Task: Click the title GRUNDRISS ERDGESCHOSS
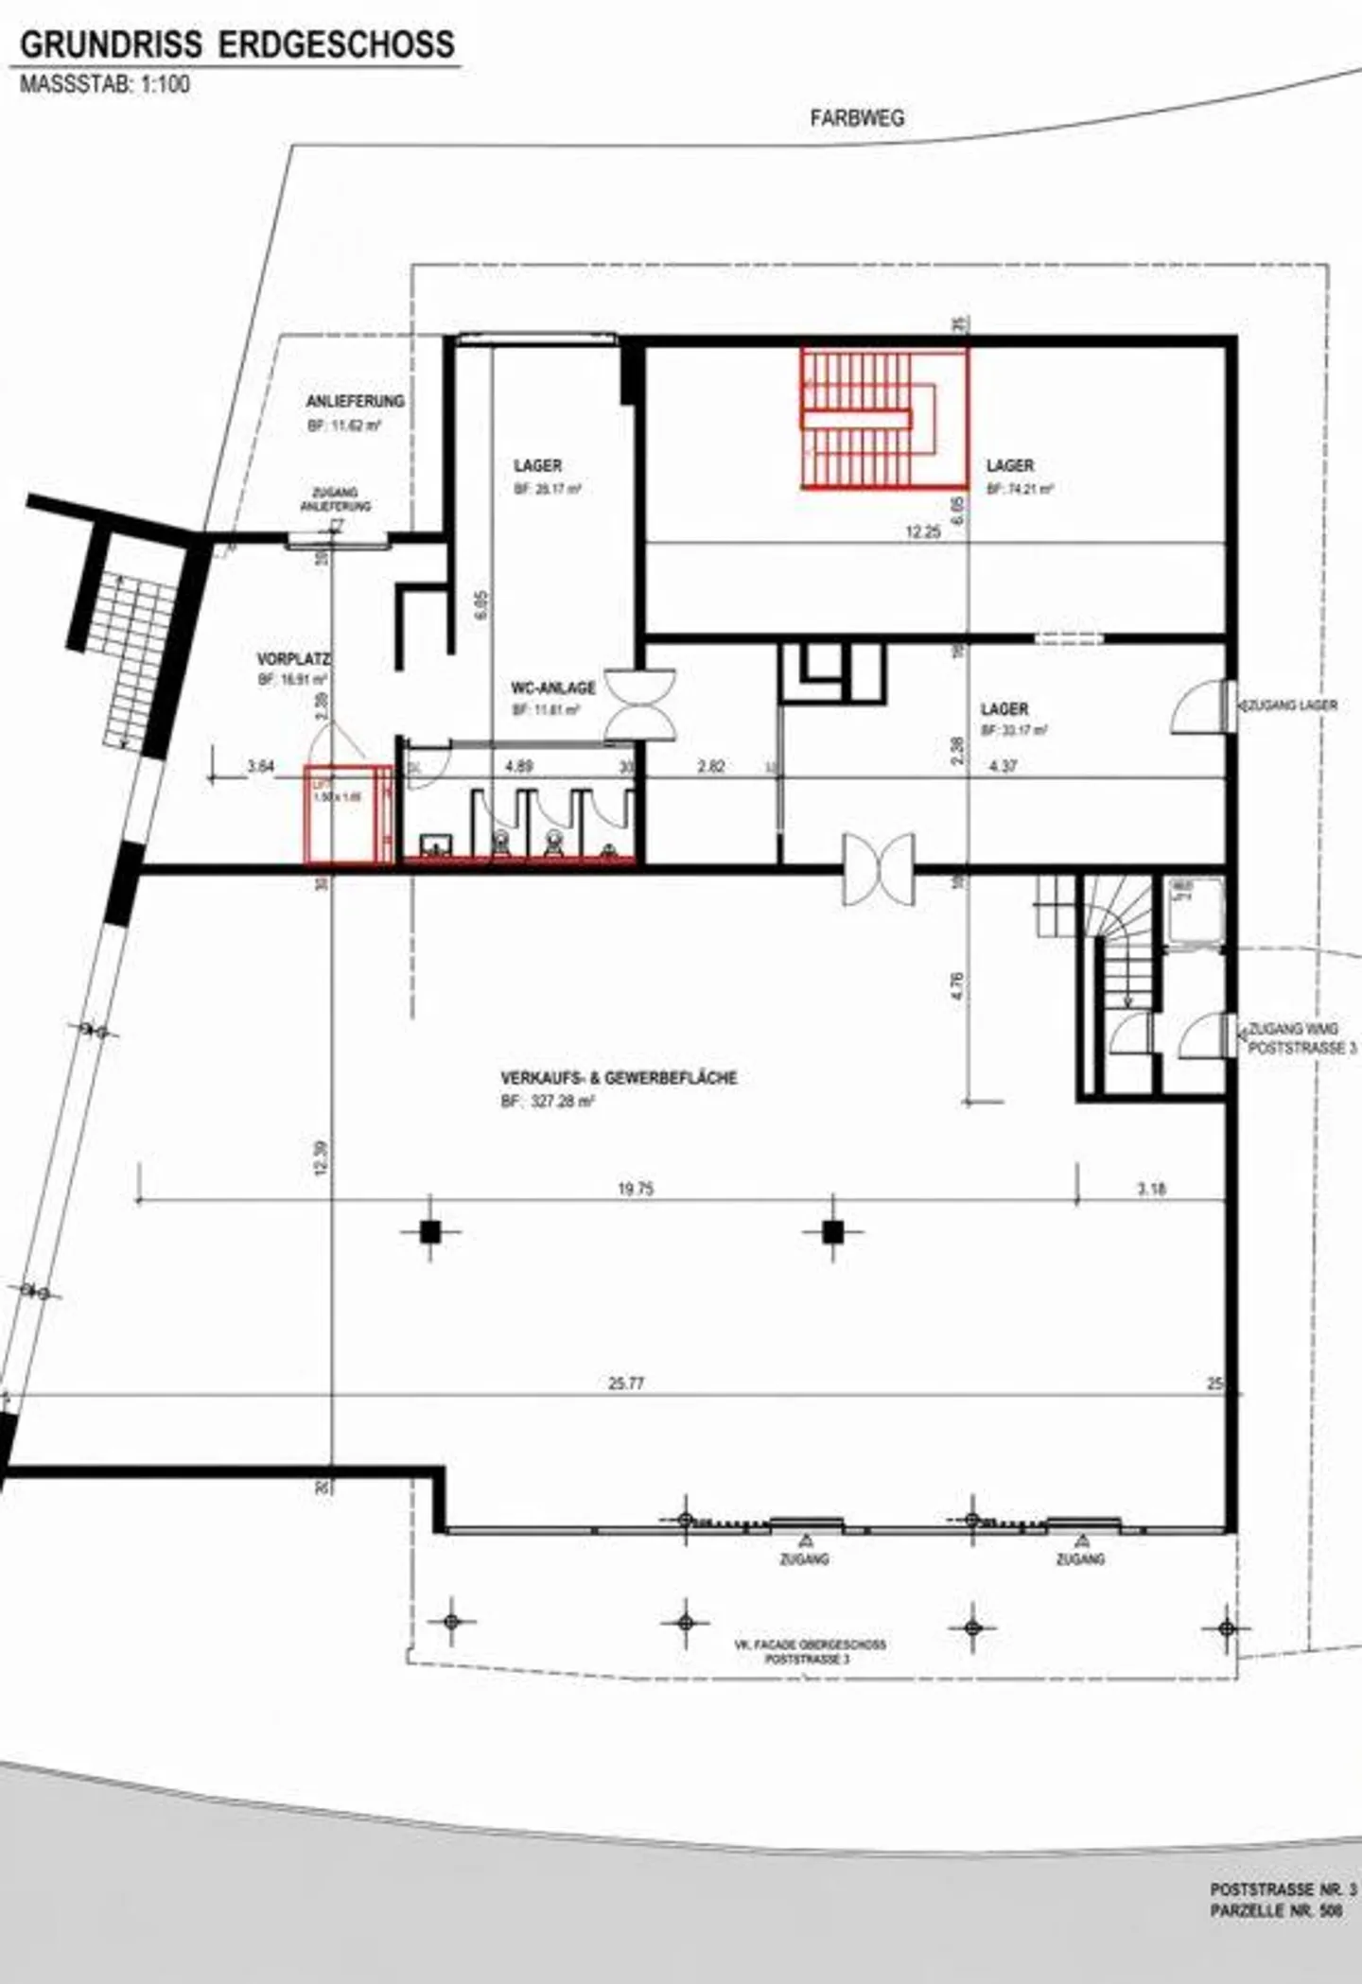236,44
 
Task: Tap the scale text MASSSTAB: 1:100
105,84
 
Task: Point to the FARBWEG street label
857,118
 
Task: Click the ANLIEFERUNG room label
355,401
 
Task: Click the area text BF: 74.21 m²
1020,490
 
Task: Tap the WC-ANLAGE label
553,687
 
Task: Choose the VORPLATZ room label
293,658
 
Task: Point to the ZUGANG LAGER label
1291,705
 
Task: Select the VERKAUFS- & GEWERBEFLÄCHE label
619,1077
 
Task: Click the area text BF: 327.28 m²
548,1102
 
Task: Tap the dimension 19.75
636,1189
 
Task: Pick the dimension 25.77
626,1384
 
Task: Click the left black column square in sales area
430,1231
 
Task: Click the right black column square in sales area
832,1231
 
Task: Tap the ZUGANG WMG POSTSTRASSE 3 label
1301,1038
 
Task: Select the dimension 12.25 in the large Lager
922,532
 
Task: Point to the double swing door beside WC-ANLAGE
640,704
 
